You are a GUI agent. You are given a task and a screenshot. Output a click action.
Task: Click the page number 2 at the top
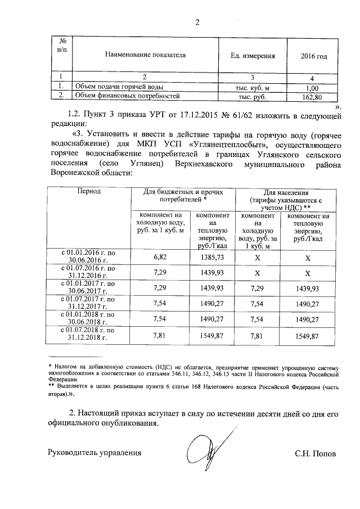click(x=197, y=23)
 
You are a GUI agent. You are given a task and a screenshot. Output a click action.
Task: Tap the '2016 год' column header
click(x=314, y=56)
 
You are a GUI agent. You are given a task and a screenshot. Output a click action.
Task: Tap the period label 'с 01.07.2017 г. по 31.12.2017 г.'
click(x=88, y=303)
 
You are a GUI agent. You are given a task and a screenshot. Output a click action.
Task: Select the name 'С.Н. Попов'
click(x=314, y=453)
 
